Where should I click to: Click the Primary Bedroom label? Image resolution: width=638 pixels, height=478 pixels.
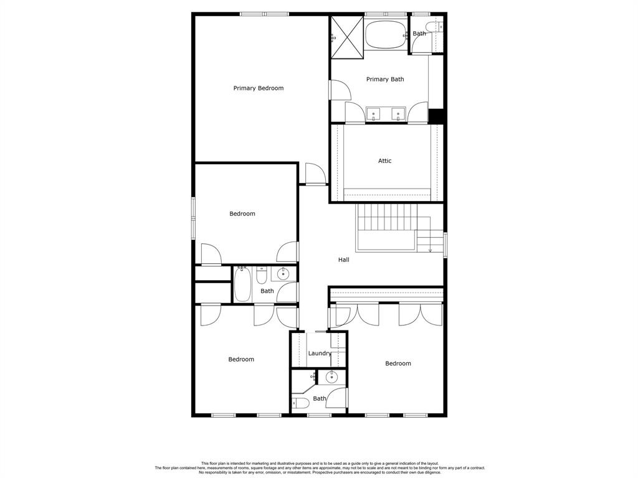pos(259,88)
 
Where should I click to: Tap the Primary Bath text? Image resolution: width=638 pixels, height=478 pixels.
pos(385,79)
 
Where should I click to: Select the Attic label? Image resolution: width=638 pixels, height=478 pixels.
pos(385,161)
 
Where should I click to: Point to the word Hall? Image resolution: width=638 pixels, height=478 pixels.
pos(344,260)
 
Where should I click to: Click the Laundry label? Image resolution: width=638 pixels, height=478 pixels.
pos(320,354)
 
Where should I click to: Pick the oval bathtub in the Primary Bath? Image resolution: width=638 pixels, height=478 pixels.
pos(385,35)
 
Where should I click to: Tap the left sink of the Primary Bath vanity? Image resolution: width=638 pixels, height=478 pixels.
pos(374,115)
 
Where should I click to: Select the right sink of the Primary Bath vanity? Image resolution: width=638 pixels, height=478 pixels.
pos(398,115)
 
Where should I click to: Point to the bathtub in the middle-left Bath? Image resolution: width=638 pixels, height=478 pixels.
pos(242,284)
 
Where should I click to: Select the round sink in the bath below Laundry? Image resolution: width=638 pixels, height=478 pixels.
pos(332,378)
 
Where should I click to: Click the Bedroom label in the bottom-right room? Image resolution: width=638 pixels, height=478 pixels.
pos(398,363)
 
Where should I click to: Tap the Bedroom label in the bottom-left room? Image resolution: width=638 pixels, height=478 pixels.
pos(241,359)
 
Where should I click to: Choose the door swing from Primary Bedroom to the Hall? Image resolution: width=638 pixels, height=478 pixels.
pos(316,174)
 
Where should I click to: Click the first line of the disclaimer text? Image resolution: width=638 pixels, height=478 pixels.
pos(320,463)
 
